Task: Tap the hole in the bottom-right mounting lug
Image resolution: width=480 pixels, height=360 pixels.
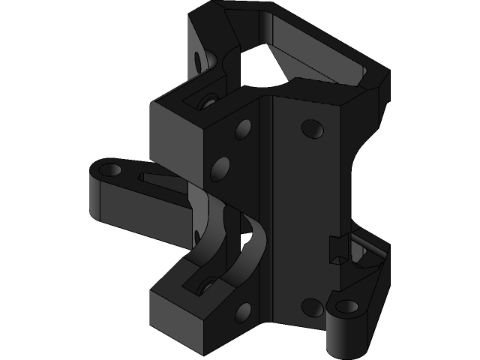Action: (x=348, y=307)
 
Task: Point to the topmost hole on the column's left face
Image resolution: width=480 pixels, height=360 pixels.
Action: (x=244, y=129)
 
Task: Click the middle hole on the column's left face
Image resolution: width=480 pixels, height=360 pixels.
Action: (x=220, y=166)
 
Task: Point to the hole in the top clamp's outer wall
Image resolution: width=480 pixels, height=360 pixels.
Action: (x=199, y=58)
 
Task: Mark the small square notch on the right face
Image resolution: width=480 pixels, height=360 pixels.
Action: (x=337, y=247)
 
